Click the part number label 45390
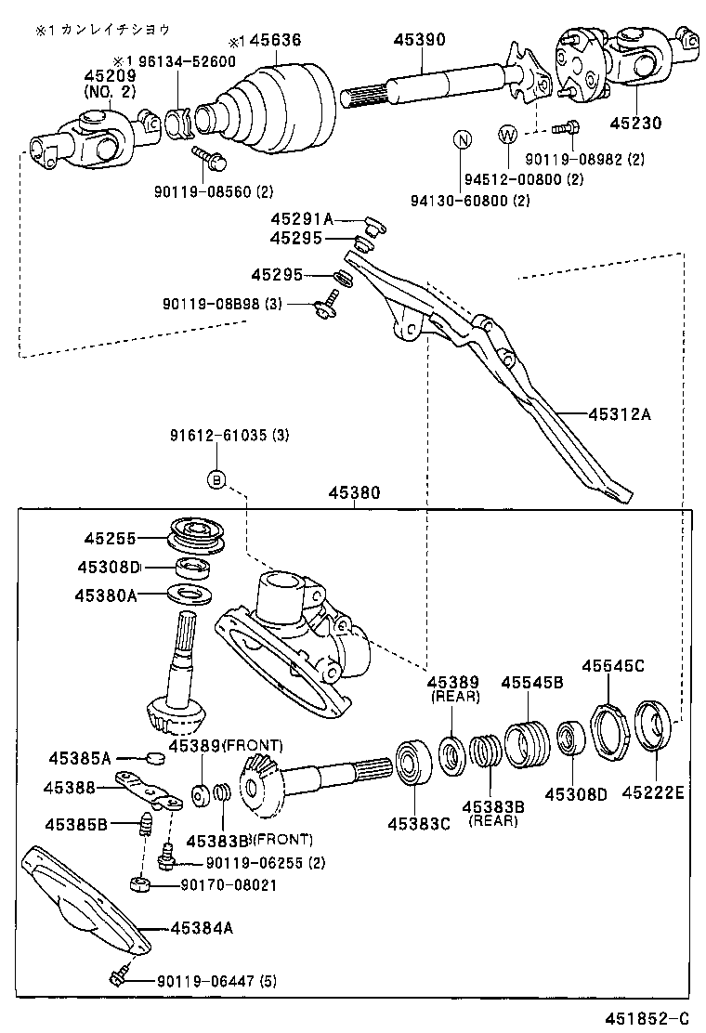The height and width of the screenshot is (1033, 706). pyautogui.click(x=419, y=40)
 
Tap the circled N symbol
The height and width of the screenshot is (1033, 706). pyautogui.click(x=462, y=138)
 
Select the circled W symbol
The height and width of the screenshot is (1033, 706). pyautogui.click(x=507, y=135)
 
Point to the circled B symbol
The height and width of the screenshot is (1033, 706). pyautogui.click(x=216, y=479)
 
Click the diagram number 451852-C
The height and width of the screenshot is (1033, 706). pyautogui.click(x=648, y=1017)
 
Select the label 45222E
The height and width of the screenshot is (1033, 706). pyautogui.click(x=652, y=792)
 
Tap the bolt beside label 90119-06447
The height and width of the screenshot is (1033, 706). pyautogui.click(x=119, y=976)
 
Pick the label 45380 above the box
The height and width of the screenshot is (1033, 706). pyautogui.click(x=353, y=493)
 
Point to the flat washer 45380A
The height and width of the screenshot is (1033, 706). pyautogui.click(x=193, y=593)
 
